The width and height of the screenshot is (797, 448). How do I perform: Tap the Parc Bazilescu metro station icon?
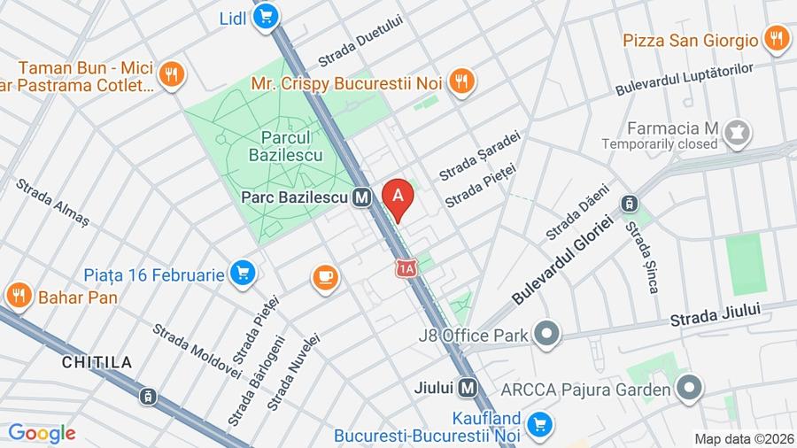360,199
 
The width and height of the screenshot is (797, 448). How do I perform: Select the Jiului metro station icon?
468,388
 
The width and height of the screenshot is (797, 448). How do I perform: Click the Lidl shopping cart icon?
266,17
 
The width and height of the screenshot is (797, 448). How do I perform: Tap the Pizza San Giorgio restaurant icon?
777,40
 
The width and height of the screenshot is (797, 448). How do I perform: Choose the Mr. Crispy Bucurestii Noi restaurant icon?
461,82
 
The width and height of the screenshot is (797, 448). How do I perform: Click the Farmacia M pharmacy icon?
735,134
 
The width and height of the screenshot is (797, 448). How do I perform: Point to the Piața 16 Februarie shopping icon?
243,274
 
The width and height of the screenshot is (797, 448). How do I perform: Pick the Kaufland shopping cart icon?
538,425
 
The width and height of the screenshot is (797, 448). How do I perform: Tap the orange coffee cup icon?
326,278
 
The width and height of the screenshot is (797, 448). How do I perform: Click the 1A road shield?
406,267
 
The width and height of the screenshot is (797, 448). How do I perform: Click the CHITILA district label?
97,362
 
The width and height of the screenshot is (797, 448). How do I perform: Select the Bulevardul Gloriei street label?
562,261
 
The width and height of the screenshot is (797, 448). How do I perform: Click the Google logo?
42,433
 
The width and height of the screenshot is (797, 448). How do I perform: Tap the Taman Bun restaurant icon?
172,75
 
